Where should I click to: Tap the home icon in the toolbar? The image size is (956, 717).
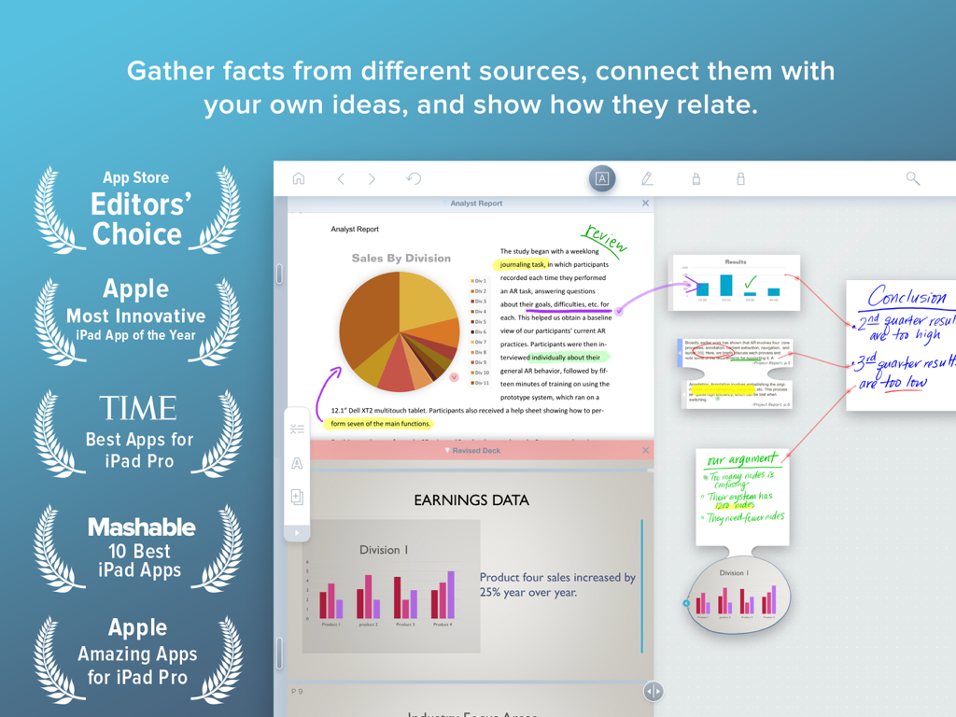pos(299,178)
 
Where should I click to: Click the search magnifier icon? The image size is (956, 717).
pos(913,178)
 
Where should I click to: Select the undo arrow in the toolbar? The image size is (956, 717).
pos(414,178)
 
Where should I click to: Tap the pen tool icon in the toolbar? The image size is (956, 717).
pos(647,178)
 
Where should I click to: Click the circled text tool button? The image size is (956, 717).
pos(602,178)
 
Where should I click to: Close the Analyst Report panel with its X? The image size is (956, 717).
pos(645,203)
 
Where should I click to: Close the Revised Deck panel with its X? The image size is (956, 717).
pos(645,450)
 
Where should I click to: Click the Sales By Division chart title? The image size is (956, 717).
pos(401,258)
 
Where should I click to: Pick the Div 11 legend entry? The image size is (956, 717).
pos(480,383)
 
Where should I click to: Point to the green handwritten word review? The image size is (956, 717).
pos(604,240)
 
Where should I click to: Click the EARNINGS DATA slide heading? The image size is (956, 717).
pos(471,500)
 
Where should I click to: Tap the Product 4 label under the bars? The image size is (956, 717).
pos(442,624)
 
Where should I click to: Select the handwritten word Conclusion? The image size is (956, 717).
pos(906,298)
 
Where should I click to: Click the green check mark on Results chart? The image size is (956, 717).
pos(750,281)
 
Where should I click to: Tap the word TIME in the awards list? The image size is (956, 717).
pos(138,409)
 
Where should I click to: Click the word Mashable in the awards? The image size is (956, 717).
pos(141,527)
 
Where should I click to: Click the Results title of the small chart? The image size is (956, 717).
pos(736,262)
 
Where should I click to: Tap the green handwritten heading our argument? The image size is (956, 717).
pos(741,460)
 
